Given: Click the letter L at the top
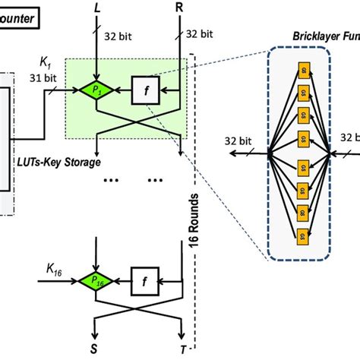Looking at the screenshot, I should [96, 10].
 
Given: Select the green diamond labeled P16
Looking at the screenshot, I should [96, 280].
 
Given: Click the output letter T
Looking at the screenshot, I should [181, 347].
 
